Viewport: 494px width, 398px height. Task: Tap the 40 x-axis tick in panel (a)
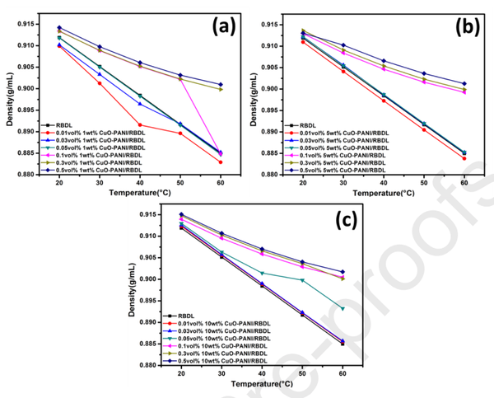point(139,182)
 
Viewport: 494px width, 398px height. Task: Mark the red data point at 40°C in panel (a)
point(139,124)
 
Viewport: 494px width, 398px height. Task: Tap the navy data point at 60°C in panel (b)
point(464,83)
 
